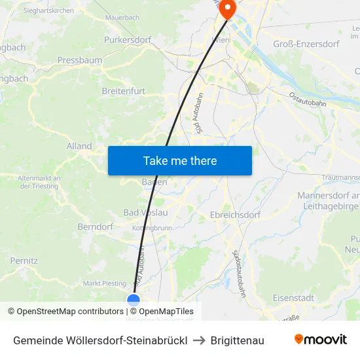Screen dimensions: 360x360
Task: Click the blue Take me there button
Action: coord(180,160)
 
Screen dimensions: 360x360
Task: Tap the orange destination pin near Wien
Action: coord(227,9)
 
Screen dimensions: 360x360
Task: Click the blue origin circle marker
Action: coord(134,300)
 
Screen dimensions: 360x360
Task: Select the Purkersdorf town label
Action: coord(128,40)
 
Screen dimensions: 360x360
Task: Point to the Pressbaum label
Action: coord(79,60)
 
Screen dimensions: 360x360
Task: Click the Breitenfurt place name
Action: coord(123,91)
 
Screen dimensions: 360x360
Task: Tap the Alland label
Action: coord(79,146)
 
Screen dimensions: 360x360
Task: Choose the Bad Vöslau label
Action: coord(145,213)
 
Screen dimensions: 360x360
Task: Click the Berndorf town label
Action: coord(96,226)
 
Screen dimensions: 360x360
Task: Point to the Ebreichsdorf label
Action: coord(235,215)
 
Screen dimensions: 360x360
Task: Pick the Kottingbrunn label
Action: coord(151,228)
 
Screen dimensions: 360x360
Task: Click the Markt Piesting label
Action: coord(105,283)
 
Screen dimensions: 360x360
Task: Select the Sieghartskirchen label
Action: coord(48,10)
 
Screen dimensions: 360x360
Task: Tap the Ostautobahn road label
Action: coord(311,103)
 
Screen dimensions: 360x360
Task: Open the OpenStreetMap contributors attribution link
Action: coord(70,312)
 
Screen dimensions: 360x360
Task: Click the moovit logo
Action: coord(321,340)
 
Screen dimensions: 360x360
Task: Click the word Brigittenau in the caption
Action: coord(238,340)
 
